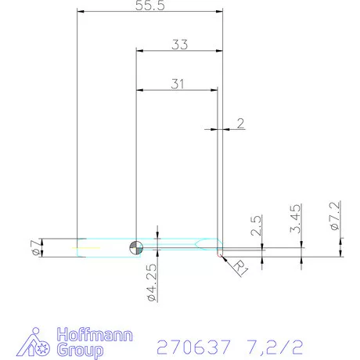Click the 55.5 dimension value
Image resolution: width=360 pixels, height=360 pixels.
pos(149,5)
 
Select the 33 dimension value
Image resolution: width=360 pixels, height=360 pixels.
pos(179,45)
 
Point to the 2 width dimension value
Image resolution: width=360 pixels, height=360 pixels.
pos(240,122)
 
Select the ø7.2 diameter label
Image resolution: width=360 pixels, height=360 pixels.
pos(334,215)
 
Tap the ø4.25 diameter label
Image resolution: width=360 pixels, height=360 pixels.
pos(153,283)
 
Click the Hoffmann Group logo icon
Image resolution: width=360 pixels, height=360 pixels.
pos(36,343)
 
